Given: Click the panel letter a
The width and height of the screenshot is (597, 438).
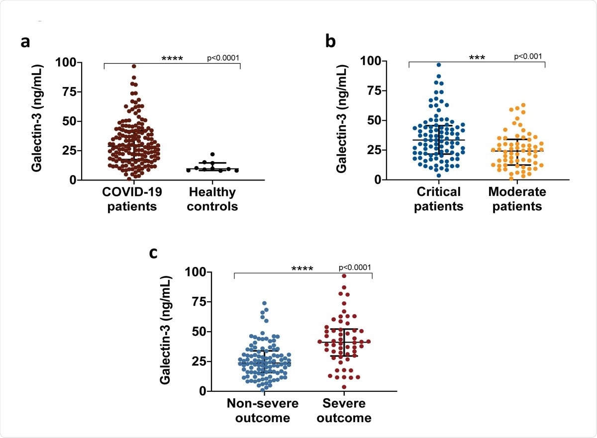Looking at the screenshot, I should click(x=25, y=42).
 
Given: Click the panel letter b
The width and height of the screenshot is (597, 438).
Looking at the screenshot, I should click(x=330, y=41).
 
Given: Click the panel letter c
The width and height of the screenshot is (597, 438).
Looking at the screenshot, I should click(x=155, y=253).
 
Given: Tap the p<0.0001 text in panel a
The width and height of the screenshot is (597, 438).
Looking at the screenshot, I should click(x=223, y=58).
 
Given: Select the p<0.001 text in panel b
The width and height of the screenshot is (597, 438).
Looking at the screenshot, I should click(x=528, y=56).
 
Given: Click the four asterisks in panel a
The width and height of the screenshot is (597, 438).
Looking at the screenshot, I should click(x=172, y=59).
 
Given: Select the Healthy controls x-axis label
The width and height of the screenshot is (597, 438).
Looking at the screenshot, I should click(x=212, y=199).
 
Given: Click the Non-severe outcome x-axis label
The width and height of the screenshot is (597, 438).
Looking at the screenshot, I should click(x=263, y=410).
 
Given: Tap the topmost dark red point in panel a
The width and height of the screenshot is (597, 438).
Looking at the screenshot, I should click(x=134, y=66).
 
